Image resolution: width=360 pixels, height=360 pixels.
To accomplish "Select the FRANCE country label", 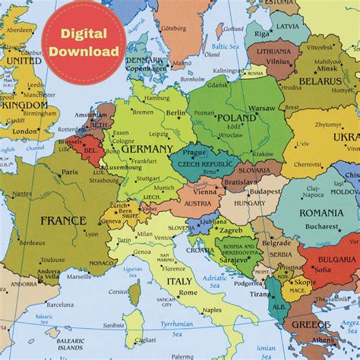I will [x=63, y=221].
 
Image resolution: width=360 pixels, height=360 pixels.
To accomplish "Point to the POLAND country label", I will [x=238, y=118].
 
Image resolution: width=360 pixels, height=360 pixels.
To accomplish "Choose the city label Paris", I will [x=71, y=172].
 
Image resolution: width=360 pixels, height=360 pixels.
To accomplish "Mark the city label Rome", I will [x=188, y=292].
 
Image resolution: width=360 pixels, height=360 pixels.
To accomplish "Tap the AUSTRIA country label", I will [x=199, y=204].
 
